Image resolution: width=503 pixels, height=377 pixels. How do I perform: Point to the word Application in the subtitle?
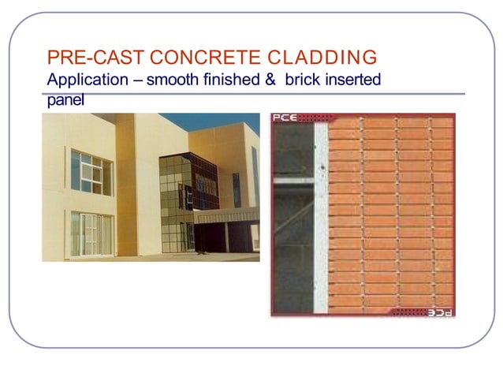coord(85,80)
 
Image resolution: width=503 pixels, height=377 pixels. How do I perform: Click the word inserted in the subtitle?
coord(355,80)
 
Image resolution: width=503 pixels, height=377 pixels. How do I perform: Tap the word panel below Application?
coord(65,99)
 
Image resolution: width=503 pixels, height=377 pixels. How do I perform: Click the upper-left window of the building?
coord(91,173)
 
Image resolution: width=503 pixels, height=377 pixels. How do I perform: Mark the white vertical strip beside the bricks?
coord(321,213)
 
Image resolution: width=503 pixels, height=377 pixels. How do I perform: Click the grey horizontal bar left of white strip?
coord(292,181)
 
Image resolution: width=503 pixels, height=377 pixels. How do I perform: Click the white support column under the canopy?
coord(226,237)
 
